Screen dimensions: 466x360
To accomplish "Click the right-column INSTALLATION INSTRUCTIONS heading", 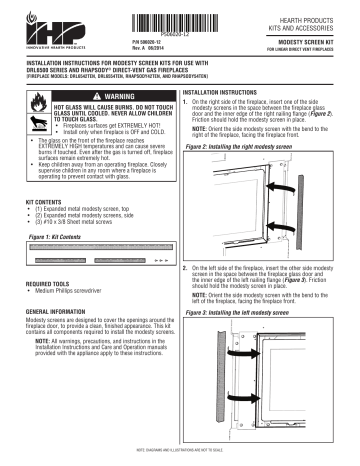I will click(x=228, y=90).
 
